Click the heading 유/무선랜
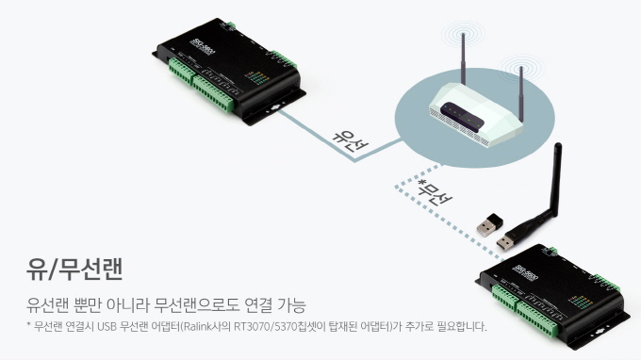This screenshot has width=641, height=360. (x=74, y=269)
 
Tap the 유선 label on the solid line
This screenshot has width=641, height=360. (x=350, y=140)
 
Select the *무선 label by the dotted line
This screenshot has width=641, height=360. (x=435, y=192)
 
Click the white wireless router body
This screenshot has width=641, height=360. (x=476, y=113)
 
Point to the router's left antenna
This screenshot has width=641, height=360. (x=464, y=59)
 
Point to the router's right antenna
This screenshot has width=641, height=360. (x=521, y=93)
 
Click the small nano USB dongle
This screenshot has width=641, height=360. (x=490, y=224)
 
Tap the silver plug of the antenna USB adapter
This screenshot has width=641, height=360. (x=505, y=243)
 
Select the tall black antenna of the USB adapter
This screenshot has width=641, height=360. (x=556, y=180)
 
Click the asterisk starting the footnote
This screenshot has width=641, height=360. (x=28, y=325)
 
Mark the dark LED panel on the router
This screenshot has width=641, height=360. (x=462, y=116)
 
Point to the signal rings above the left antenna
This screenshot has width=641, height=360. (x=464, y=33)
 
